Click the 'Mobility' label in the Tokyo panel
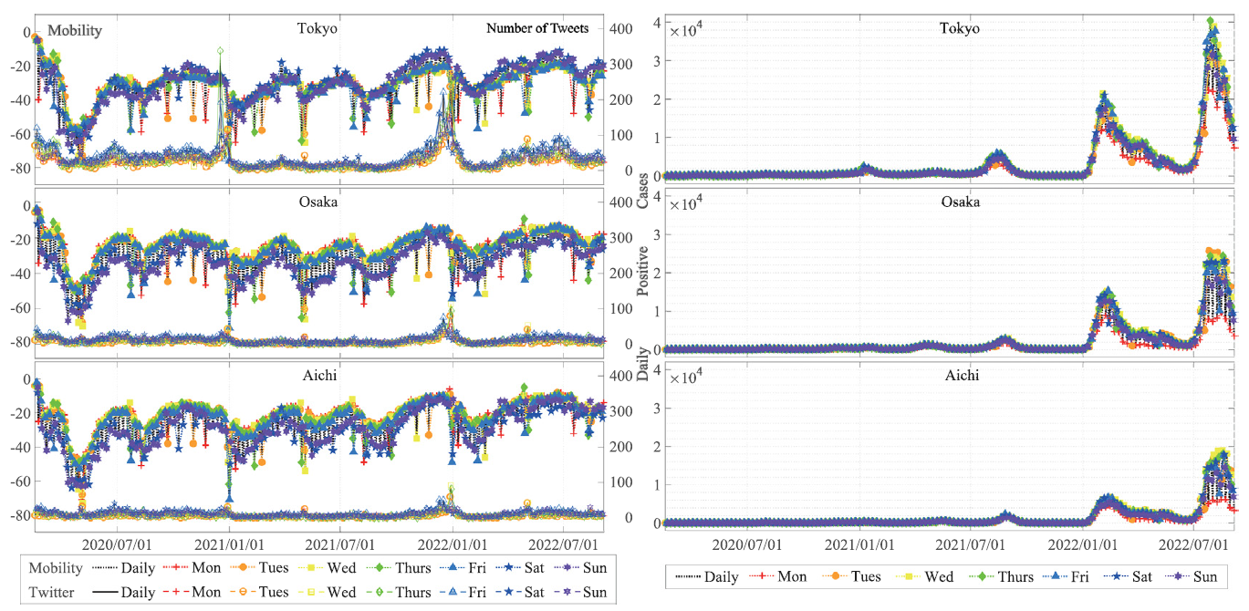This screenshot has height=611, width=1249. click(x=75, y=30)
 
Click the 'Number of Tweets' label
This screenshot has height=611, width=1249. click(x=537, y=28)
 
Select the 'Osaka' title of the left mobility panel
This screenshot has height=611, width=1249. click(x=318, y=202)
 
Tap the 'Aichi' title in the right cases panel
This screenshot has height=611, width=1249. click(x=962, y=375)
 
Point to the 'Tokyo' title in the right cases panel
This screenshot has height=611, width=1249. click(x=960, y=28)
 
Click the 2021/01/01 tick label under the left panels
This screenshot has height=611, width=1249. click(x=229, y=544)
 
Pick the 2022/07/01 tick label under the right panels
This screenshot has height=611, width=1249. click(x=1193, y=544)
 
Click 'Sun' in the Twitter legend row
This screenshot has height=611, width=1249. click(x=595, y=592)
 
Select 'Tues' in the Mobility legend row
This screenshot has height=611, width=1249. click(x=273, y=567)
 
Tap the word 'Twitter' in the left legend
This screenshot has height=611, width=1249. click(x=51, y=592)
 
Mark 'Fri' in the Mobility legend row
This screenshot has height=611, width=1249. click(x=477, y=567)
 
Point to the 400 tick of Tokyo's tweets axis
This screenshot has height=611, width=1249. click(x=620, y=28)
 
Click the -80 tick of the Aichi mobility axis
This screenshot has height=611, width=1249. click(x=20, y=515)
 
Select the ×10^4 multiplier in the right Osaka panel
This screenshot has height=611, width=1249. click(x=684, y=203)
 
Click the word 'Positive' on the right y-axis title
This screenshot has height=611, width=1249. click(x=643, y=271)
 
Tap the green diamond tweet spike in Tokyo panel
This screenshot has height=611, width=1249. click(x=220, y=51)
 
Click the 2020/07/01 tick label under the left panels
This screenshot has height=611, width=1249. click(x=117, y=544)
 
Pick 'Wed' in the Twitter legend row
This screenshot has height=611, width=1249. click(x=341, y=592)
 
